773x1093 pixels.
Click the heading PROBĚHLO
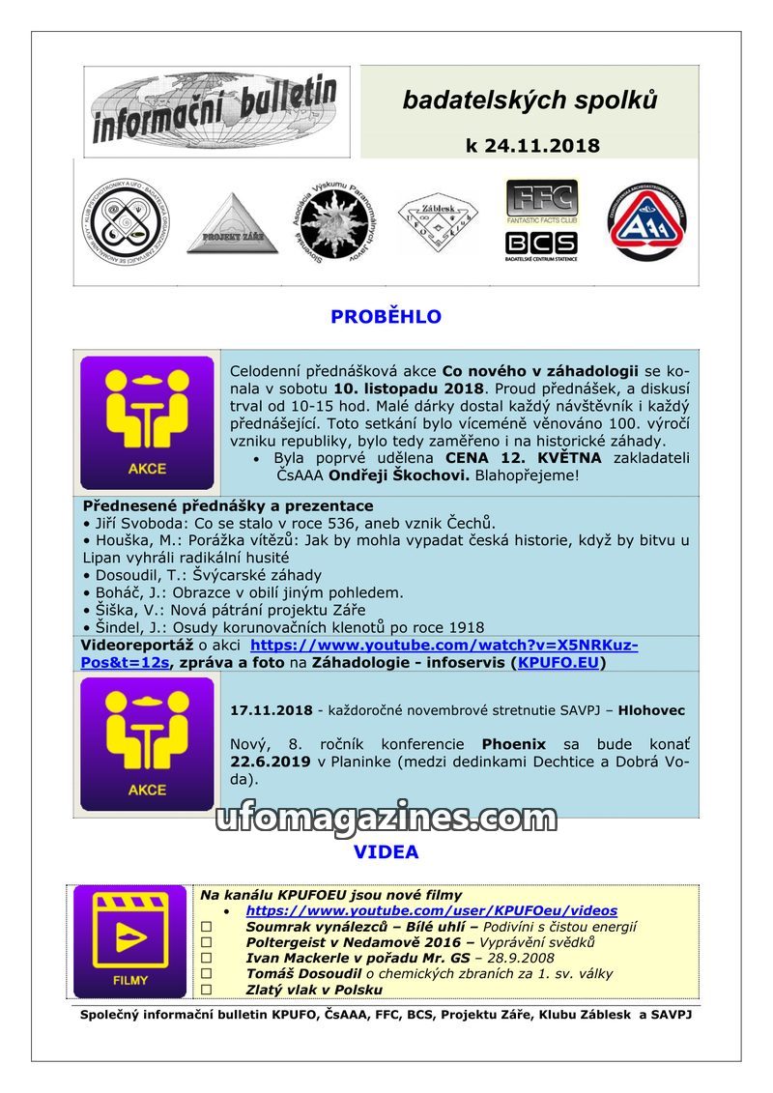386,317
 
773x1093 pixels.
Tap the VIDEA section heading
386,852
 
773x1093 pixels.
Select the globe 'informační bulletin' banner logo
216,110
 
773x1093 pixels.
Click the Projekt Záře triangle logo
225,224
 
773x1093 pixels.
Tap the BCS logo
541,243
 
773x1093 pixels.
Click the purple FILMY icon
130,941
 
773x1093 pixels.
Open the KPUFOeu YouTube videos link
431,910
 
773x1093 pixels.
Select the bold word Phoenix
514,744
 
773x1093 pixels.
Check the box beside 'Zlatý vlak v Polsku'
206,990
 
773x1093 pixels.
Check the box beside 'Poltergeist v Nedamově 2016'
206,942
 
